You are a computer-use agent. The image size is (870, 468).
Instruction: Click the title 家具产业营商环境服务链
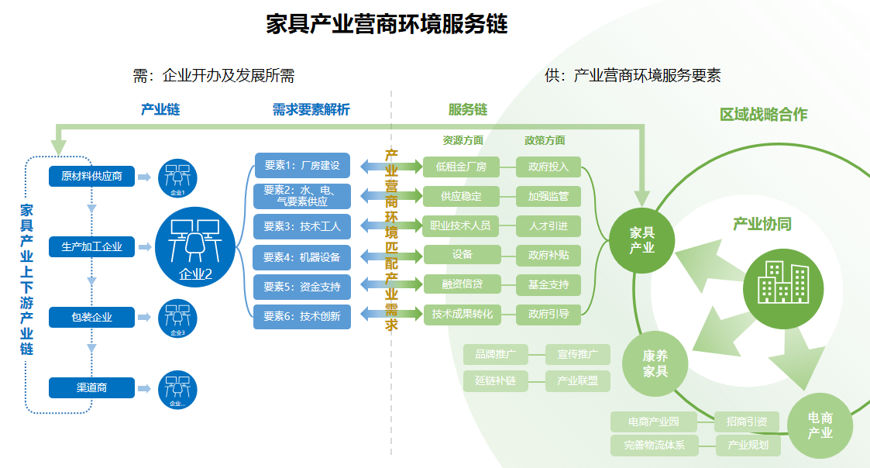click(x=387, y=24)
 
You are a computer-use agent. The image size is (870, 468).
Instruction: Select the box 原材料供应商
click(x=91, y=176)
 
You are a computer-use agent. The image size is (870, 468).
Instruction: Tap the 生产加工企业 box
click(x=91, y=247)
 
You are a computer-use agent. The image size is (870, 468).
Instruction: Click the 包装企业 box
click(x=91, y=317)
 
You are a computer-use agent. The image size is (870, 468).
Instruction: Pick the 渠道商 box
click(x=91, y=387)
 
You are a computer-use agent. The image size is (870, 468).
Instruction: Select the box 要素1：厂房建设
click(x=302, y=165)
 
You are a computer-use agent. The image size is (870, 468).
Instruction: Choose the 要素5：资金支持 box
click(x=302, y=286)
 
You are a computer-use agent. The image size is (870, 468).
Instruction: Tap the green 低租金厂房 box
click(x=461, y=167)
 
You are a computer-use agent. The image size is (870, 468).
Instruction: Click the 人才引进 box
click(x=548, y=226)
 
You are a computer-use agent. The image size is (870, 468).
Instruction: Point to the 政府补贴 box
click(x=548, y=255)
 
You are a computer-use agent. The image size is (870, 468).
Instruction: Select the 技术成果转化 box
click(x=463, y=314)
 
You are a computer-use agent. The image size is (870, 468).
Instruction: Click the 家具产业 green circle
click(x=642, y=240)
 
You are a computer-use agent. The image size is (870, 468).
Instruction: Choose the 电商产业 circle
click(x=820, y=425)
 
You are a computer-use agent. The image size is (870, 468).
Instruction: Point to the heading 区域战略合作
click(x=763, y=115)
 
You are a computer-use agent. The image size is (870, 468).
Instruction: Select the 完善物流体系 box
click(x=654, y=446)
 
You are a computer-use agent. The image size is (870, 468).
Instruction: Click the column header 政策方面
click(x=545, y=140)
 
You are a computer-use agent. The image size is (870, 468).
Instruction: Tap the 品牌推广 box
click(x=496, y=355)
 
